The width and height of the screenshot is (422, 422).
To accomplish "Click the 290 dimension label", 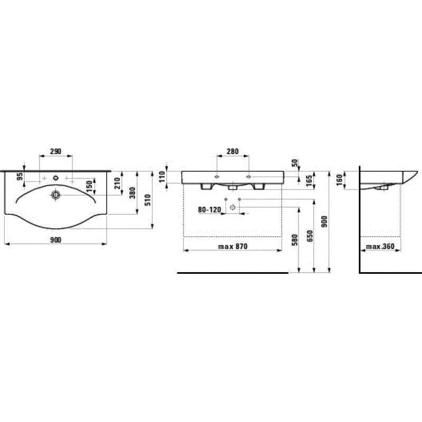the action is pyautogui.click(x=56, y=151).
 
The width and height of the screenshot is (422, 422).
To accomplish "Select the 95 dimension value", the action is pyautogui.click(x=20, y=177).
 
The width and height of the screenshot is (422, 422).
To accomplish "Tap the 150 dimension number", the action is pyautogui.click(x=89, y=186).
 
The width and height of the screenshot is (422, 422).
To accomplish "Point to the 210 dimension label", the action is pyautogui.click(x=117, y=183).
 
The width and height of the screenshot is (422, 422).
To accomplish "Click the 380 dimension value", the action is pyautogui.click(x=133, y=193).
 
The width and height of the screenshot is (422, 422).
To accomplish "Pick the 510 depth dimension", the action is pyautogui.click(x=148, y=200).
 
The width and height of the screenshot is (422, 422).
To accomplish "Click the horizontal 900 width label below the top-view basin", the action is pyautogui.click(x=56, y=240).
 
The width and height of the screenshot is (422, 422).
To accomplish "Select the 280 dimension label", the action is pyautogui.click(x=233, y=151).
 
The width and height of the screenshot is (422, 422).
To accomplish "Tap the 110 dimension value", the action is pyautogui.click(x=162, y=177).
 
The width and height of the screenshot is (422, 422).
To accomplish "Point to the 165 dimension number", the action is pyautogui.click(x=309, y=180).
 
